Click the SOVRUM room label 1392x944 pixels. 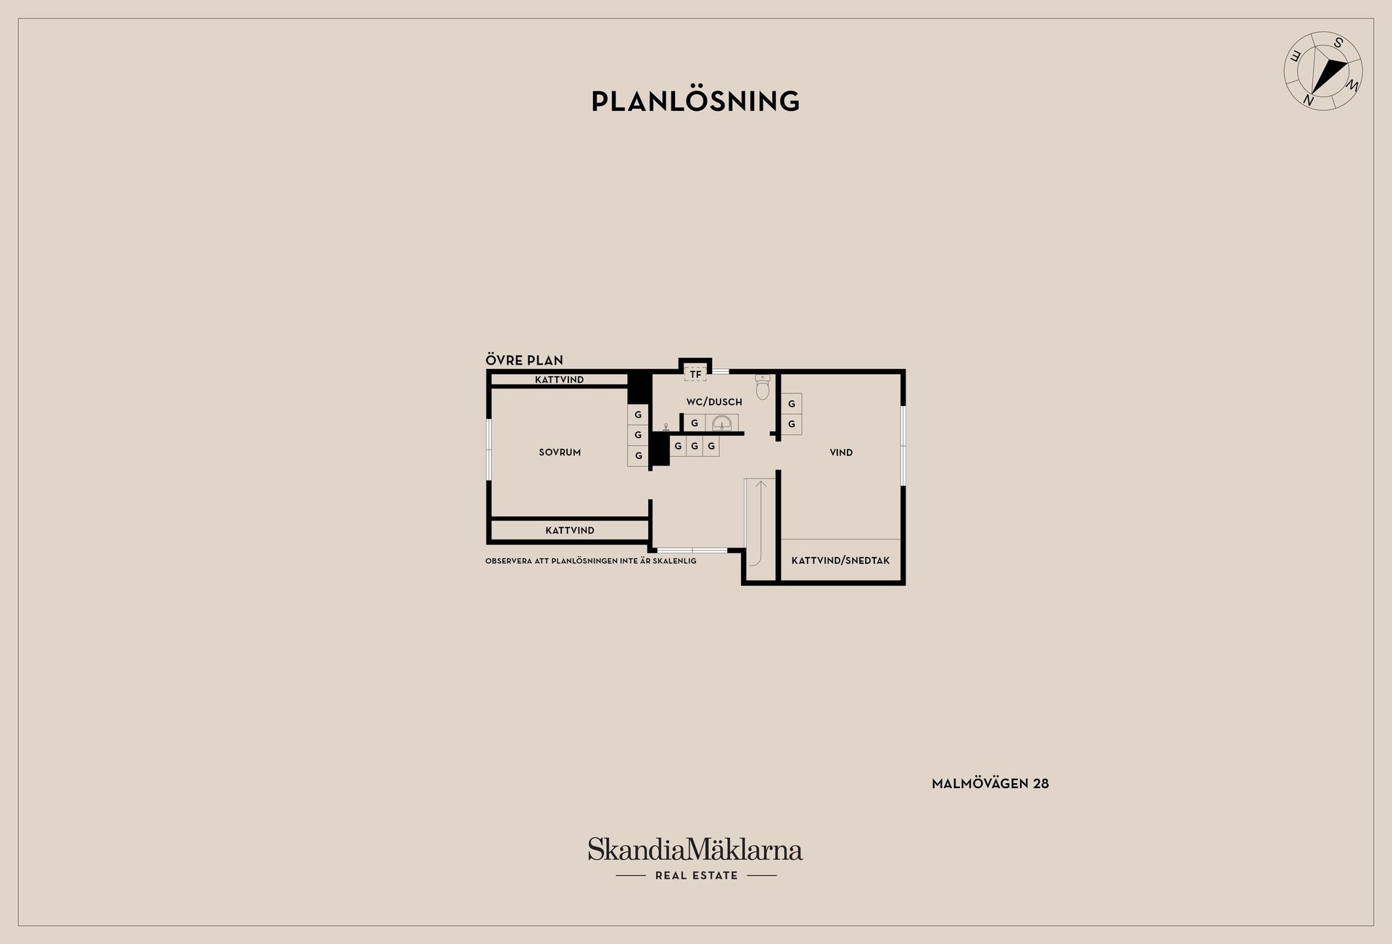click(560, 452)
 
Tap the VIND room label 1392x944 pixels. click(841, 452)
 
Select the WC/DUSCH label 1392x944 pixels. click(714, 402)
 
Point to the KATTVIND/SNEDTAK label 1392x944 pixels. click(840, 560)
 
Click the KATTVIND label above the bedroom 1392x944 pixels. click(560, 380)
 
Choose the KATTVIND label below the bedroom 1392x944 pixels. click(570, 531)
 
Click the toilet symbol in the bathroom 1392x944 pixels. click(762, 387)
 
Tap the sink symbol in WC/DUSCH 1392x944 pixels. click(721, 423)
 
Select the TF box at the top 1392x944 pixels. click(695, 374)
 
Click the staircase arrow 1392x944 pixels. click(760, 522)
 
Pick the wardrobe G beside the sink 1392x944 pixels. click(694, 423)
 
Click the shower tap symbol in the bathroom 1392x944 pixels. click(666, 427)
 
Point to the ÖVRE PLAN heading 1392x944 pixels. click(524, 360)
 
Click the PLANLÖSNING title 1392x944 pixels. click(696, 102)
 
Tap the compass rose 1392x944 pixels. click(1323, 71)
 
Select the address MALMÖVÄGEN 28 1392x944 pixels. click(990, 784)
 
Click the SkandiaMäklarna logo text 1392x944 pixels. click(695, 849)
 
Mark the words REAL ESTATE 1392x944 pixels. click(696, 876)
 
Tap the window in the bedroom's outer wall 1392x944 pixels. click(489, 449)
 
